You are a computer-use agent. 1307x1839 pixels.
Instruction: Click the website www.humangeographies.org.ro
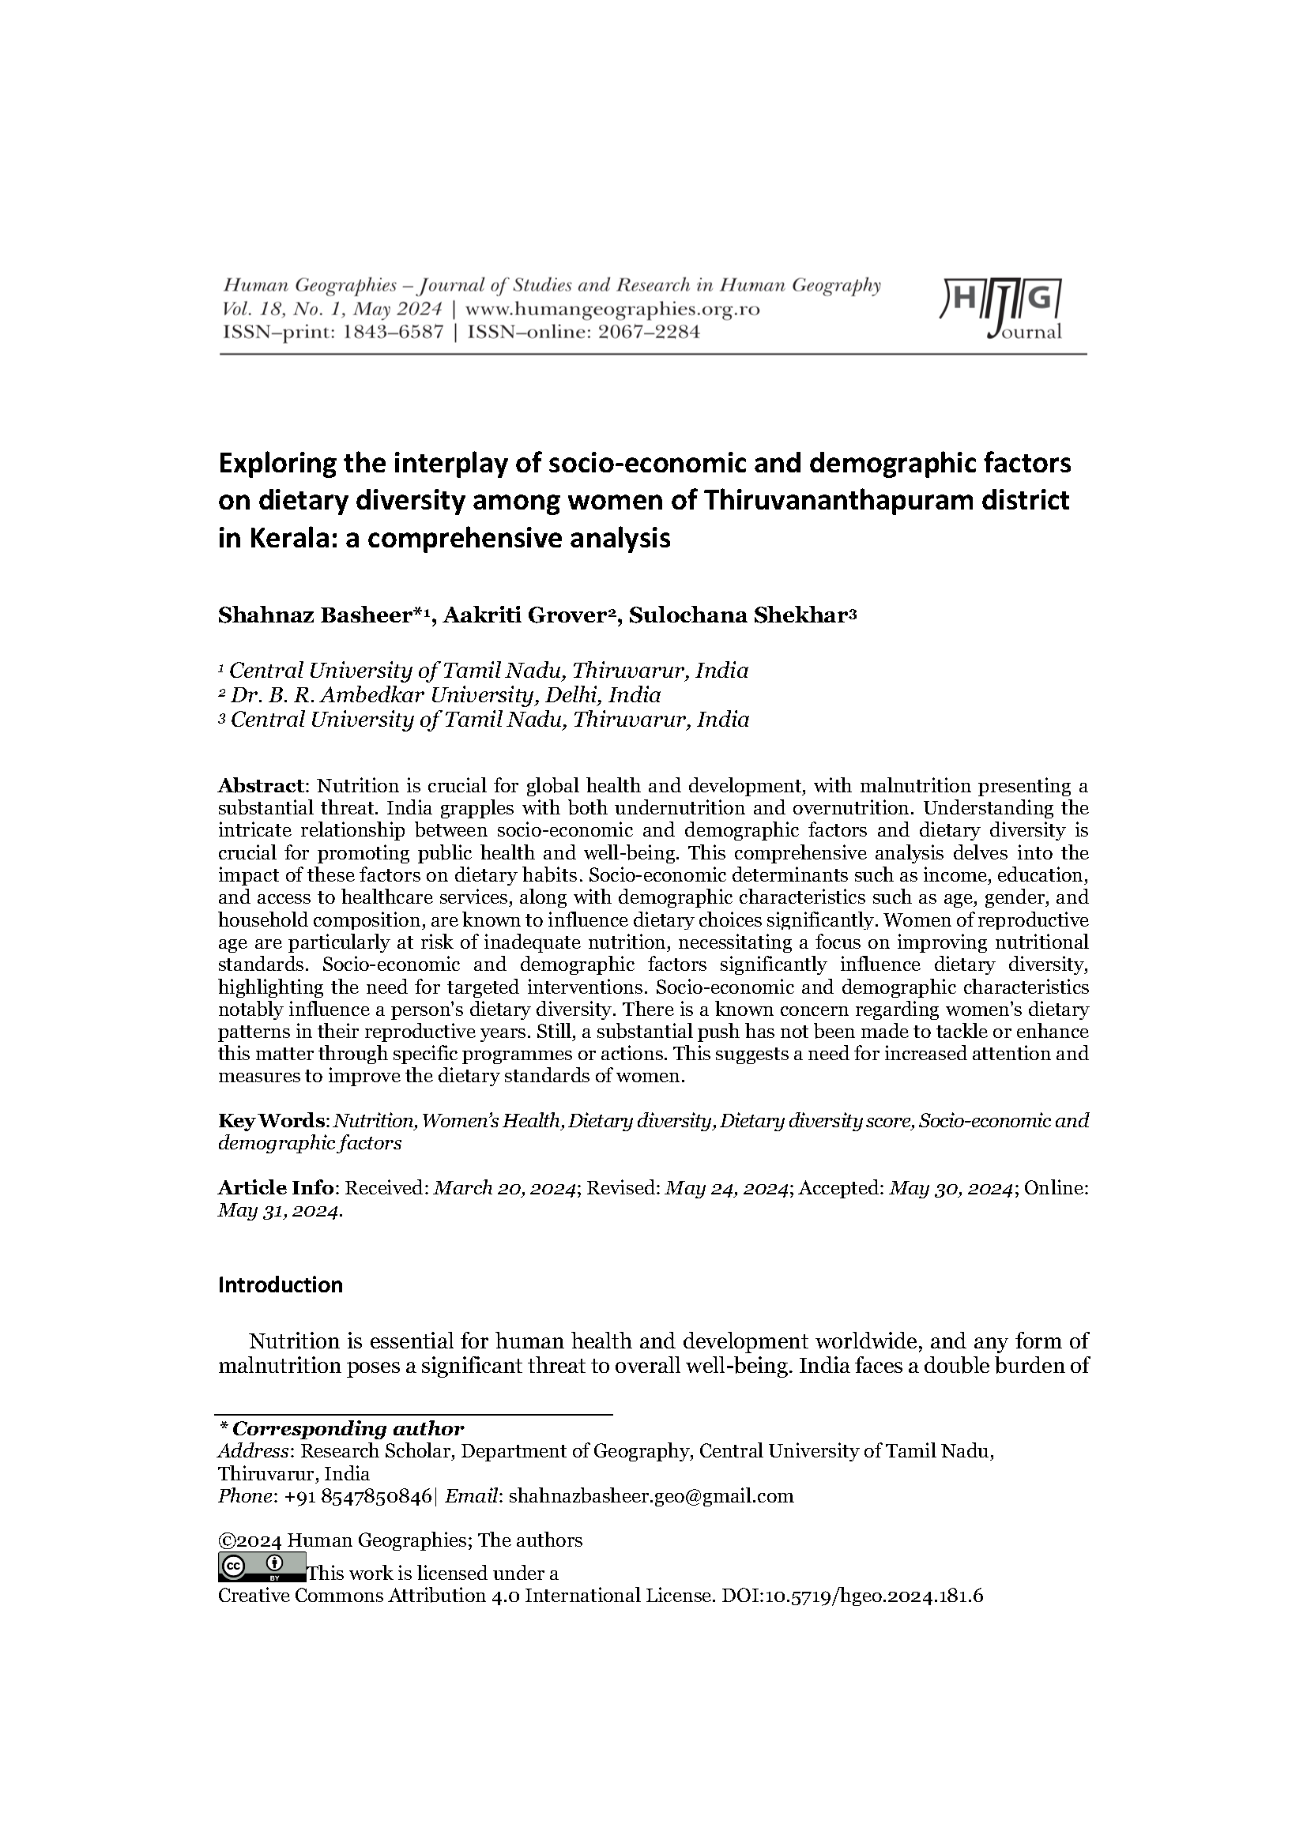point(612,310)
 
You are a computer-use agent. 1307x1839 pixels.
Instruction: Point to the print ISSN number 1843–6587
point(393,332)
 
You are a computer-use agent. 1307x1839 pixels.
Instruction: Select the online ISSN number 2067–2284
point(647,332)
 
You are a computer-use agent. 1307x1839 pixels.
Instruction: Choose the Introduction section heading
point(280,1285)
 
